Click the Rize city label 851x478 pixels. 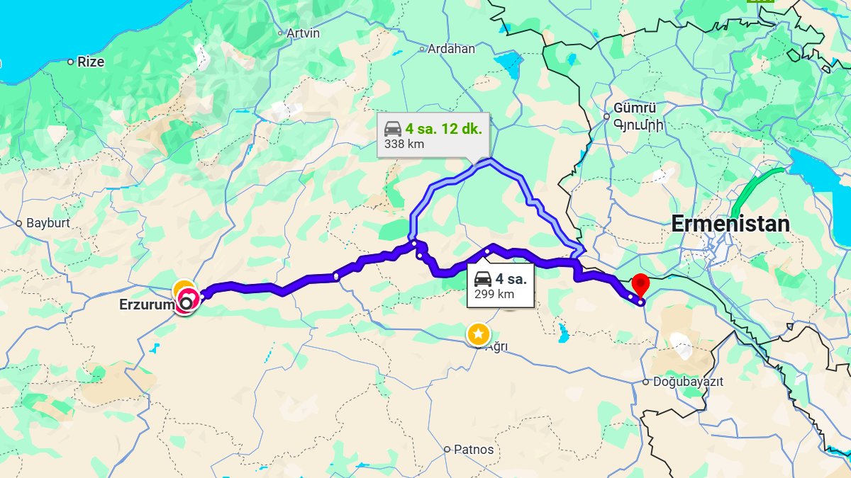point(91,62)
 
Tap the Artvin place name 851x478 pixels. point(303,33)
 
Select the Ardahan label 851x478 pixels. point(451,49)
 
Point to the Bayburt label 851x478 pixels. point(48,223)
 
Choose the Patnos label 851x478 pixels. point(474,449)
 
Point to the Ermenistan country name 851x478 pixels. point(730,224)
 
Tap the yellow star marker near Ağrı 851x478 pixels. point(478,334)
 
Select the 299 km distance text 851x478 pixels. point(494,294)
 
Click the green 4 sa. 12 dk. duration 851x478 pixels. point(443,129)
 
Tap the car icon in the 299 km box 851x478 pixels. point(483,278)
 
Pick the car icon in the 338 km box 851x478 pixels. point(393,129)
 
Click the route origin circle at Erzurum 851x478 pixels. point(187,303)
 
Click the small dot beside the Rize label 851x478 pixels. point(70,62)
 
